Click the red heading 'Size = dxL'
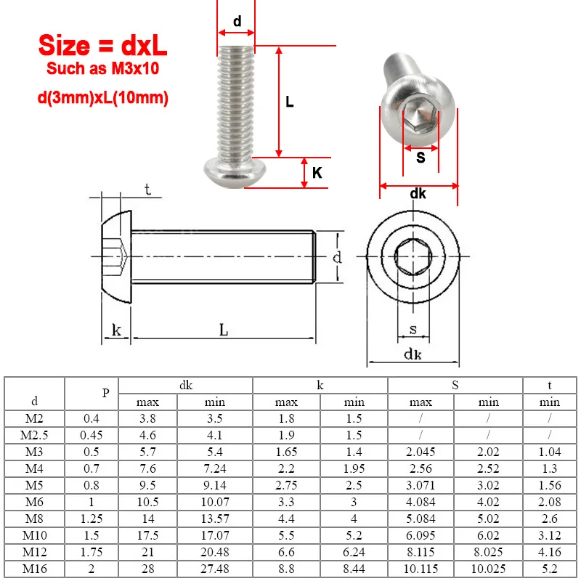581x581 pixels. (102, 45)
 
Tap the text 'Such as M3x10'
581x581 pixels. (102, 69)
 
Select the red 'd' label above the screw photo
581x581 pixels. (237, 22)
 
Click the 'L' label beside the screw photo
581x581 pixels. (289, 102)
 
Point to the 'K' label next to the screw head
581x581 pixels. (317, 173)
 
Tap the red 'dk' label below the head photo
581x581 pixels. (418, 194)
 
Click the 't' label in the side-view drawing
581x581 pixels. (147, 190)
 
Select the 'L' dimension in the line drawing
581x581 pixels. (224, 330)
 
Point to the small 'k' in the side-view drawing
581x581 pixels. (116, 330)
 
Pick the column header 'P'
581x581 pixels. (105, 393)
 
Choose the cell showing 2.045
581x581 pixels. (421, 452)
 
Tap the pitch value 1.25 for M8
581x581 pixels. (92, 519)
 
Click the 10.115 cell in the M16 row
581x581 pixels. (421, 569)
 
